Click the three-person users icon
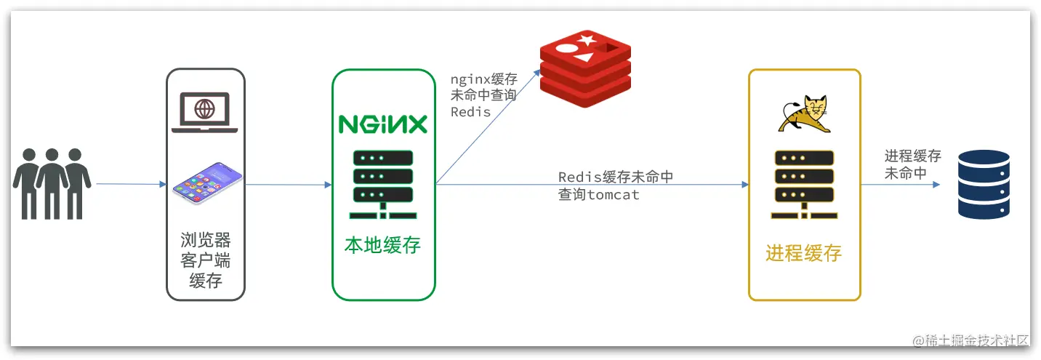(x=52, y=183)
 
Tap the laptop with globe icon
(x=205, y=113)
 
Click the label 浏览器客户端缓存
(x=206, y=260)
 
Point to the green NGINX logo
(x=383, y=124)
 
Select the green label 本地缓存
(x=383, y=245)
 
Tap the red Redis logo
(x=585, y=69)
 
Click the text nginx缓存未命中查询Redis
(x=483, y=96)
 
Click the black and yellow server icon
(x=804, y=185)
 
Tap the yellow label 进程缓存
(x=803, y=253)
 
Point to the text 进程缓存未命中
(x=912, y=164)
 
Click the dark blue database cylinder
(x=984, y=184)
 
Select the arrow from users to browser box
(x=131, y=184)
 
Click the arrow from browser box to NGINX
(x=289, y=184)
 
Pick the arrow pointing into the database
(x=901, y=185)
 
